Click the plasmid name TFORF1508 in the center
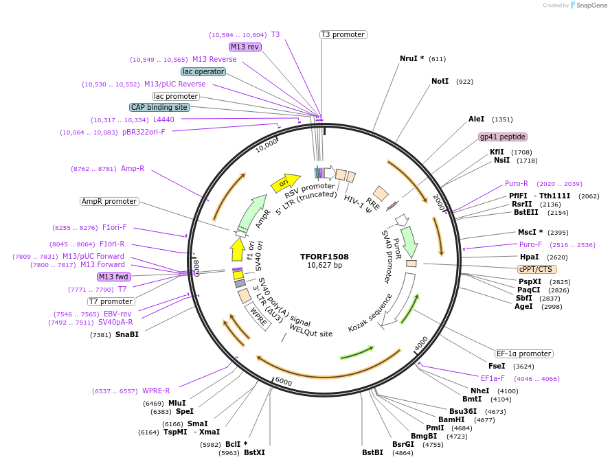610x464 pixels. click(x=324, y=257)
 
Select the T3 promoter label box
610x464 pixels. click(x=343, y=34)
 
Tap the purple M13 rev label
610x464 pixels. click(x=245, y=47)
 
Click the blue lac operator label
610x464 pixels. click(x=203, y=71)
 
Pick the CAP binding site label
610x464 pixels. click(x=159, y=107)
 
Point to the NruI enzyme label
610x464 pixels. click(x=411, y=59)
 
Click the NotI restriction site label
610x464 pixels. click(x=440, y=82)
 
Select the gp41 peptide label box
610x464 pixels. click(x=503, y=137)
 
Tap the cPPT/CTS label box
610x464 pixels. click(x=537, y=269)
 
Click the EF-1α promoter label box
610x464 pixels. click(x=524, y=353)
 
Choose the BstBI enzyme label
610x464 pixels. click(x=372, y=452)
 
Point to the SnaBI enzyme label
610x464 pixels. click(x=127, y=334)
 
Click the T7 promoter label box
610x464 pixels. click(x=111, y=301)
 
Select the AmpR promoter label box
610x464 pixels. click(x=109, y=201)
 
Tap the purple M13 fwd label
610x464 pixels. click(x=113, y=277)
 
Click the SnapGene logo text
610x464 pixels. click(x=590, y=5)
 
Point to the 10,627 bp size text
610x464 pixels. click(x=324, y=266)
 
